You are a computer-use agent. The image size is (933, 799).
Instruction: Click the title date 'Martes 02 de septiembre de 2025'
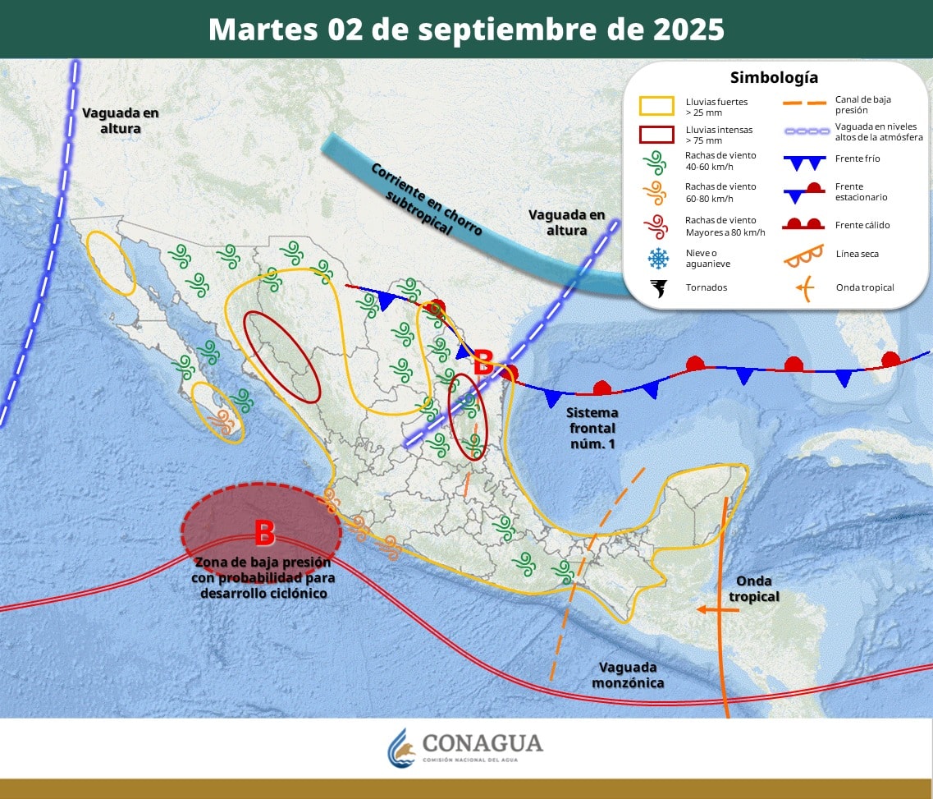click(466, 30)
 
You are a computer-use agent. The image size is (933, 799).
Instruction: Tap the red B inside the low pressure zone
click(264, 533)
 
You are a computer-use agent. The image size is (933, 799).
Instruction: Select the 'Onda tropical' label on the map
click(753, 589)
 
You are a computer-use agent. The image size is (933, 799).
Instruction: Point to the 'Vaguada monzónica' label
click(631, 675)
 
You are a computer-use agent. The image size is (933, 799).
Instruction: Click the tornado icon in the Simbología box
click(658, 287)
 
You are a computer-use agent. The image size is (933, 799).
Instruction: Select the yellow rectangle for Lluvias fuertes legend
click(656, 105)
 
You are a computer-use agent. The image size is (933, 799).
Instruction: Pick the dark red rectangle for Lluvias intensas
click(656, 134)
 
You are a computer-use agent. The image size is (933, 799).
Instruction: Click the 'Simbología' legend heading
click(774, 78)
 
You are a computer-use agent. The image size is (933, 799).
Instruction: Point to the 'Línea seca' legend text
click(858, 254)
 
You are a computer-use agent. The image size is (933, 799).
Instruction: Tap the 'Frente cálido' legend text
click(862, 225)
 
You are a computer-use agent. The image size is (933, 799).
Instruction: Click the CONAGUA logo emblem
click(402, 746)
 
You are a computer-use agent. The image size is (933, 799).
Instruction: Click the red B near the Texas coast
click(484, 362)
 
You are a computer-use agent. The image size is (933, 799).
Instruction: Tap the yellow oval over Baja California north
click(112, 263)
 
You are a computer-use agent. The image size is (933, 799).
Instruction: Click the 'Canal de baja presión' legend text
click(862, 104)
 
